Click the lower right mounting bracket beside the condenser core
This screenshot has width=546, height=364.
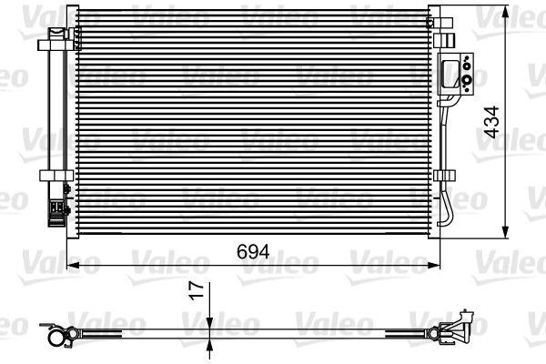[444, 175]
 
